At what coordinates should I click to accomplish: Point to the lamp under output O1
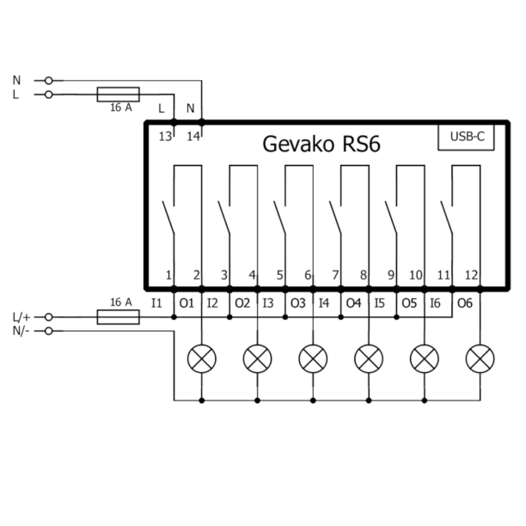point(202,356)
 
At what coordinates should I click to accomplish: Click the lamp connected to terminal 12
point(480,356)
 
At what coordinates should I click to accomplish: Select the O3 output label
point(297,303)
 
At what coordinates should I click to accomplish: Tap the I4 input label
point(324,303)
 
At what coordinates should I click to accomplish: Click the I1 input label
point(156,303)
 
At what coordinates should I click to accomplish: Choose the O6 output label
point(465,303)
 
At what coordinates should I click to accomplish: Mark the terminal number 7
point(335,275)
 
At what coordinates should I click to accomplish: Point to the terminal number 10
point(416,275)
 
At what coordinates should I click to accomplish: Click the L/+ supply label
point(21,317)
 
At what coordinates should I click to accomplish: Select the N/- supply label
point(21,331)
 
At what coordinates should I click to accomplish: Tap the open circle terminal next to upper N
point(48,81)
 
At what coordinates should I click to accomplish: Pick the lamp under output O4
point(368,356)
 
